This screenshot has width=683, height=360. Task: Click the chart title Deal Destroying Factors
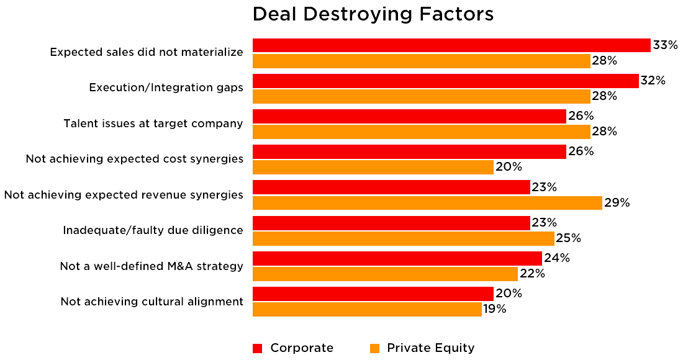click(373, 14)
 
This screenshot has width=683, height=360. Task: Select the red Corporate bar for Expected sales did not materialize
click(451, 45)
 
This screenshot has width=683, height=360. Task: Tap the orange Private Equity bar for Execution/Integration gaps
click(422, 96)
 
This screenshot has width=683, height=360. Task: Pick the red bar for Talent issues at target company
click(409, 116)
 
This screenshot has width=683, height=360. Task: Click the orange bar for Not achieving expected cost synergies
click(373, 167)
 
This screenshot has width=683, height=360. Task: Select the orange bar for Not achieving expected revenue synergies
click(427, 203)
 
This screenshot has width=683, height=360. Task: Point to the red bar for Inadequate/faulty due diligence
click(391, 223)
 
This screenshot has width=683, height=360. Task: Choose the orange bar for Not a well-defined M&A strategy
click(385, 274)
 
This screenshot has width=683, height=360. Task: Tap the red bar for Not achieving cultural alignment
click(373, 294)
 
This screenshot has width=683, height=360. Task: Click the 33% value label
click(664, 45)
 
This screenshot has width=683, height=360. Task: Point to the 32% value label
click(653, 81)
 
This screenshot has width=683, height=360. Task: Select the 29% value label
click(617, 203)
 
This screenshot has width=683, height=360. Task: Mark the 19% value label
click(495, 309)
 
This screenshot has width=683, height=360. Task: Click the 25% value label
click(568, 238)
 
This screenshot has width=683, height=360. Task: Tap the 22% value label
click(532, 274)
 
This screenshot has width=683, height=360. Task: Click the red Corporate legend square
click(257, 348)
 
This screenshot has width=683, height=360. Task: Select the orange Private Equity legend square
click(374, 348)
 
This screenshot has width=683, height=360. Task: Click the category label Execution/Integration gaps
click(166, 88)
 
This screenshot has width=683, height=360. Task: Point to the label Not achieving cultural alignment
click(152, 302)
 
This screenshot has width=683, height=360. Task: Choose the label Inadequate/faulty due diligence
click(153, 230)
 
